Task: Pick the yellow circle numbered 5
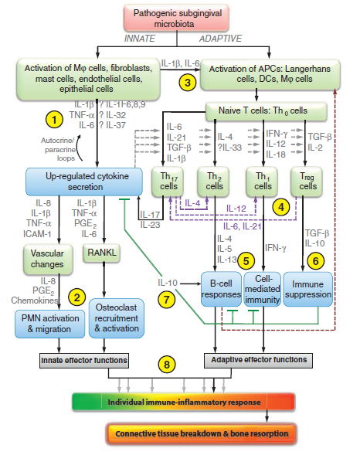click(x=247, y=260)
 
